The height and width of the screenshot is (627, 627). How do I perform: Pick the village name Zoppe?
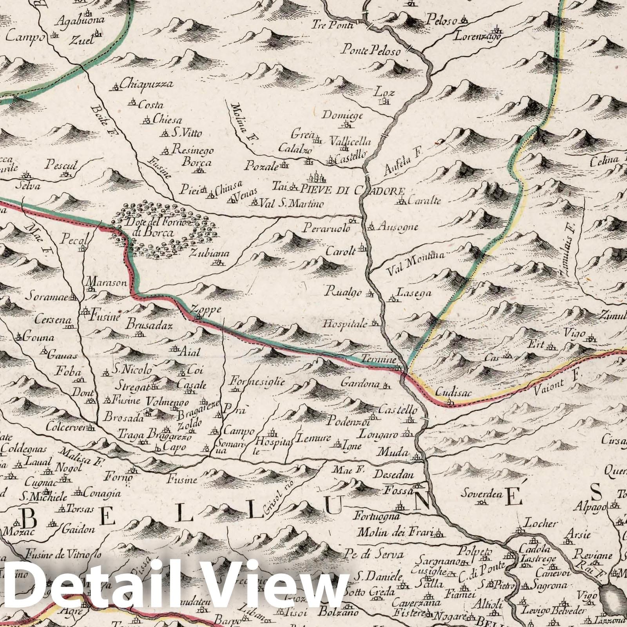click(x=206, y=310)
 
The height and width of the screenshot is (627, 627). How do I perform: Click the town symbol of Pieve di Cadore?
click(x=317, y=178)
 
